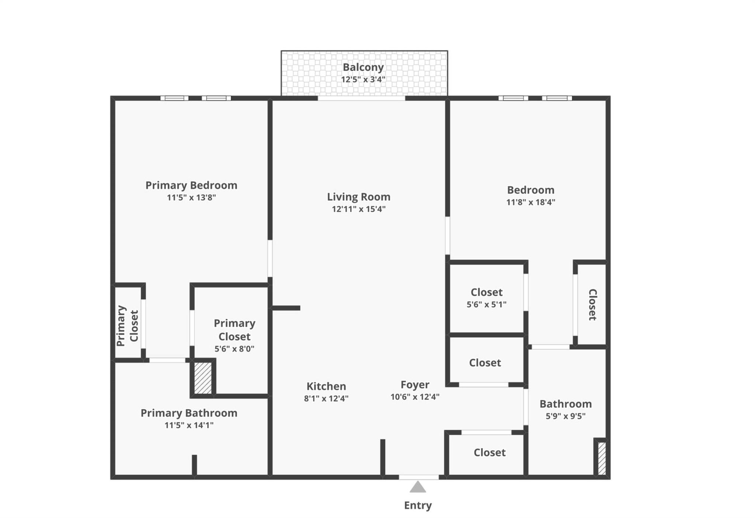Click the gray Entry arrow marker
click(418, 487)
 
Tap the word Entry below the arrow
click(418, 505)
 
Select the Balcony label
click(363, 67)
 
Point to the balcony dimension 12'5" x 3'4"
click(363, 80)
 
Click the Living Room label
click(359, 197)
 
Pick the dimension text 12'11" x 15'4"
click(359, 209)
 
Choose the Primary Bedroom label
click(191, 185)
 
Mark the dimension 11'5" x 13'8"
click(191, 197)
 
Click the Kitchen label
click(326, 386)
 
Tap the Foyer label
click(415, 385)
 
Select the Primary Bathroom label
click(189, 413)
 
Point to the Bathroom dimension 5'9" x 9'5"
click(566, 416)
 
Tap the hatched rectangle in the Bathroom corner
click(601, 458)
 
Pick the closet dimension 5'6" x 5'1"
click(487, 305)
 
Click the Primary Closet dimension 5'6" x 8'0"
click(234, 349)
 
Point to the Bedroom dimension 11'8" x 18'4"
click(530, 202)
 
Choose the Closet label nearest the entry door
click(490, 452)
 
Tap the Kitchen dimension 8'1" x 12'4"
click(326, 399)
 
